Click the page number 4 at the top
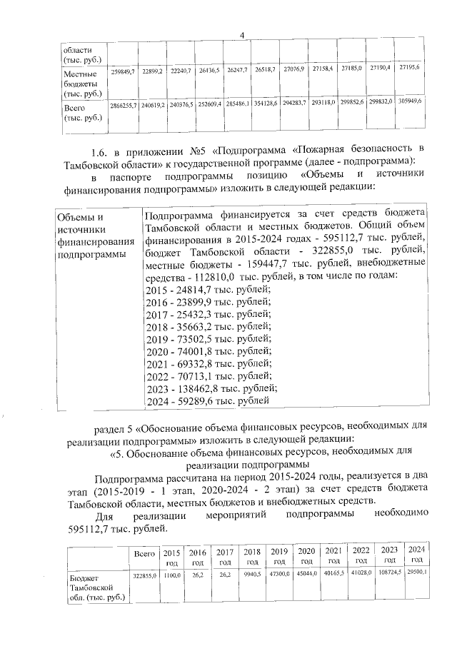click(x=242, y=36)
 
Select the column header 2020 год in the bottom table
click(x=306, y=556)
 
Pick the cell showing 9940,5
click(x=252, y=574)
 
